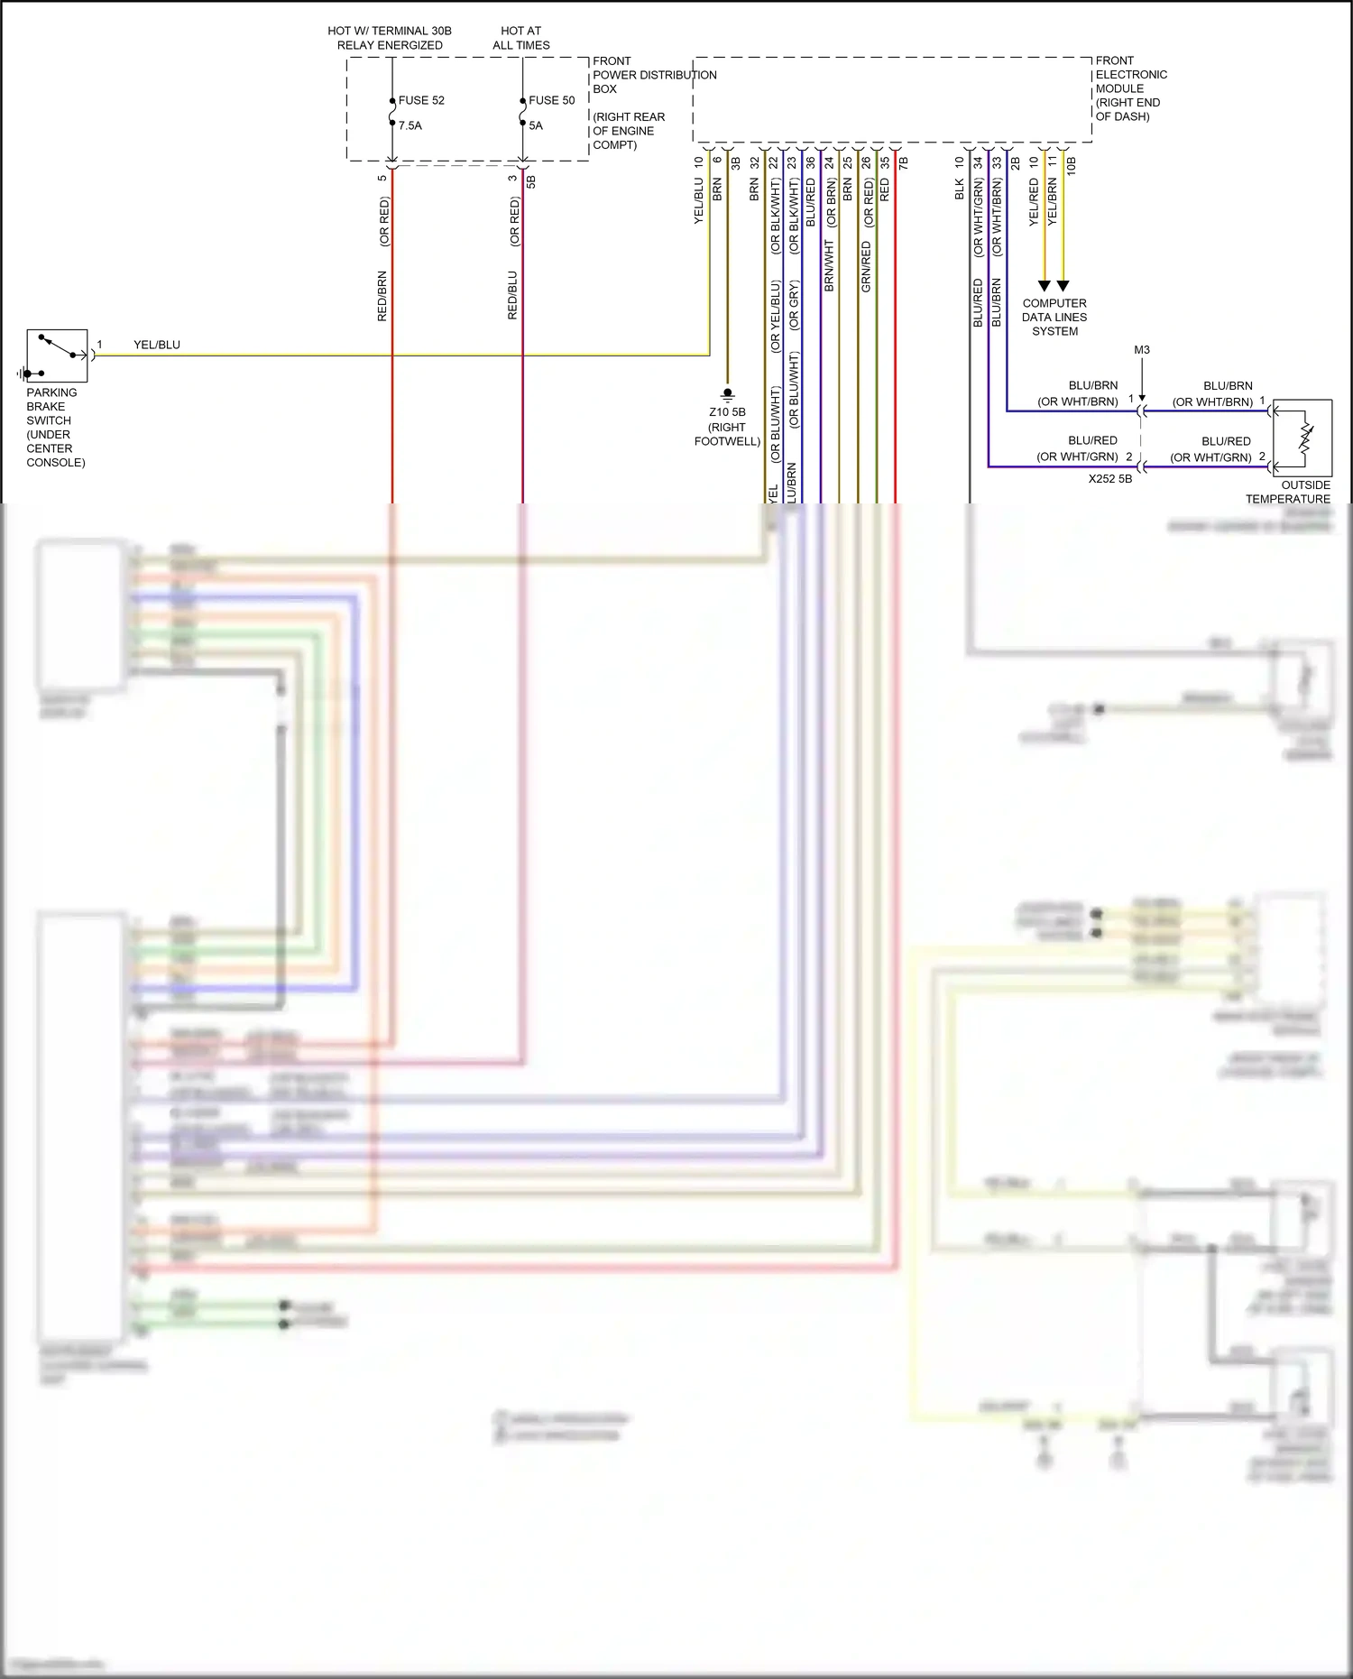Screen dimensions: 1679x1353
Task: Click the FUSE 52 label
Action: pos(421,100)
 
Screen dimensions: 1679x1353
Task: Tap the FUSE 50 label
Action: pos(551,100)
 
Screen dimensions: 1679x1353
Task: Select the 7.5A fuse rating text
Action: pos(410,125)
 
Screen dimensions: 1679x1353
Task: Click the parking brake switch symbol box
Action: pos(57,356)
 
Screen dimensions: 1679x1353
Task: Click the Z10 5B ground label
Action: pos(727,412)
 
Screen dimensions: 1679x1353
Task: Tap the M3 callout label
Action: pos(1142,350)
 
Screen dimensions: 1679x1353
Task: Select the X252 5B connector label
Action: pos(1109,479)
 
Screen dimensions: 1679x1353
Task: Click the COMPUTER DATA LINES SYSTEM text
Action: pos(1054,317)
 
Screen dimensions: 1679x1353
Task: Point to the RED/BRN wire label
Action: pos(382,296)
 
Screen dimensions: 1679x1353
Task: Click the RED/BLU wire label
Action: pos(513,295)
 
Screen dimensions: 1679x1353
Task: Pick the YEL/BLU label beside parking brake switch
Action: pos(157,345)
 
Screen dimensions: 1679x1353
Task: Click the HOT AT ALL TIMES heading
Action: pos(521,38)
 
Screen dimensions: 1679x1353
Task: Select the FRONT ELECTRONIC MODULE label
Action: pos(1130,88)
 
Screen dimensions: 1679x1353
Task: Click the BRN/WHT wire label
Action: pos(829,265)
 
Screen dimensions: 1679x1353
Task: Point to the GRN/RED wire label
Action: pos(866,266)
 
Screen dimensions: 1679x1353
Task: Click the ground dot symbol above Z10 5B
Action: pos(728,393)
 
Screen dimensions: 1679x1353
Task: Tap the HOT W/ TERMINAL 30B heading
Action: pos(390,38)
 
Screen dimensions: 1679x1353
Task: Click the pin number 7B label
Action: pos(904,163)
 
